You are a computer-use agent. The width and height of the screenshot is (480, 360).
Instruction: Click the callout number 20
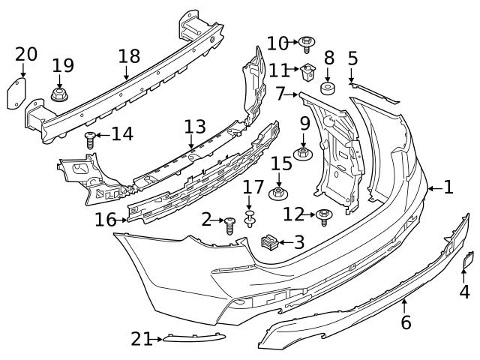pos(25,54)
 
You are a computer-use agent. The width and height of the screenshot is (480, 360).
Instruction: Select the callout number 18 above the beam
pos(129,57)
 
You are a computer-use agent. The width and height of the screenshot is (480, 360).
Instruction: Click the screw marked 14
pos(91,138)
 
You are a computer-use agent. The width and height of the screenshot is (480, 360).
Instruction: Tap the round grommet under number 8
pos(328,90)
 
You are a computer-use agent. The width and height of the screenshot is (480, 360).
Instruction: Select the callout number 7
pos(281,94)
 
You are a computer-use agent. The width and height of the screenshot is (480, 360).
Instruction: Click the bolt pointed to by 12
pos(324,217)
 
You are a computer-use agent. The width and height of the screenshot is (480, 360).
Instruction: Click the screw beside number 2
pos(230,223)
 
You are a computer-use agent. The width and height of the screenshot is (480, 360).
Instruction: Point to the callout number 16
pos(106,219)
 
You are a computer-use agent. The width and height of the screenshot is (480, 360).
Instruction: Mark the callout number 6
pos(406,323)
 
